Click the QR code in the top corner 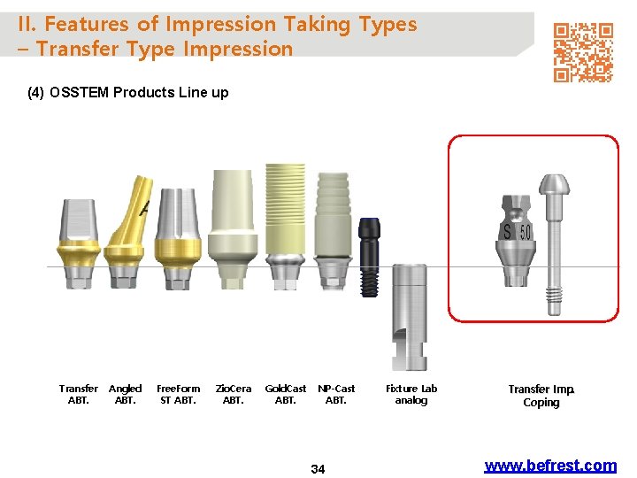tap(583, 52)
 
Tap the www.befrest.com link tap(550, 466)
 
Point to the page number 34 tap(318, 468)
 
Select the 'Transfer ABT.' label tap(79, 394)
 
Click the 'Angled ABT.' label tap(125, 394)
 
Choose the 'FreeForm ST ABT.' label tap(178, 394)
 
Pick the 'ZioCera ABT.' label tap(234, 394)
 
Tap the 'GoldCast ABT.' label tap(286, 394)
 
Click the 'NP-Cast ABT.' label tap(336, 394)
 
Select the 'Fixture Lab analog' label tap(411, 394)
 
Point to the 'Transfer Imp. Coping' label tap(541, 396)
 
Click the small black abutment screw tap(369, 257)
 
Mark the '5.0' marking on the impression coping tap(526, 233)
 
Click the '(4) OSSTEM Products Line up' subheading tap(128, 92)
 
